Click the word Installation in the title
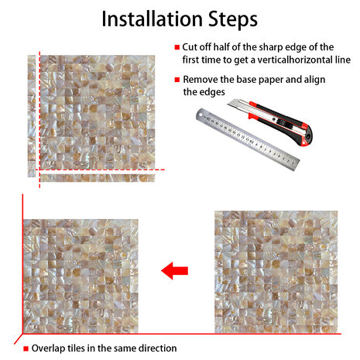(x=152, y=19)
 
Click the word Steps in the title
(x=233, y=19)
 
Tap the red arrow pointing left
(x=174, y=271)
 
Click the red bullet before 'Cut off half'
(x=177, y=47)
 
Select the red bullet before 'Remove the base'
(x=177, y=80)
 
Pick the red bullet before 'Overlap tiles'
(x=26, y=348)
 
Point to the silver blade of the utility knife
(x=238, y=105)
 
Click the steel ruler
(x=248, y=139)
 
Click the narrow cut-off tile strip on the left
(x=32, y=116)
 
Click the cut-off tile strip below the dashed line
(x=98, y=178)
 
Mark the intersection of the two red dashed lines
(x=39, y=170)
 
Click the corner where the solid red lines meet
(x=22, y=334)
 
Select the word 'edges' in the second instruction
(x=212, y=92)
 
